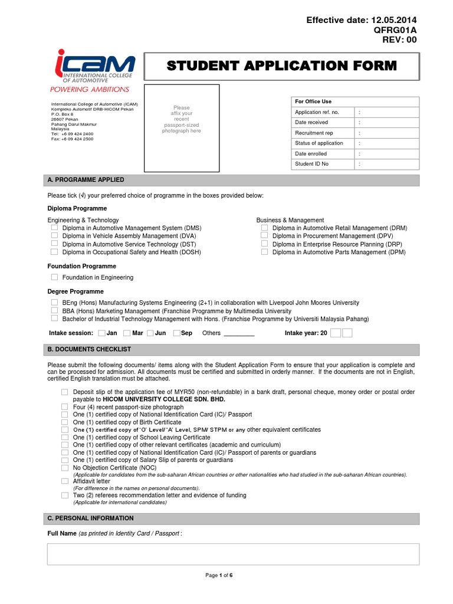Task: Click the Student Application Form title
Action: pyautogui.click(x=281, y=65)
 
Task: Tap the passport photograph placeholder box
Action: pyautogui.click(x=182, y=128)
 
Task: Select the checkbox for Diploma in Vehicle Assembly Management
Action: pyautogui.click(x=54, y=235)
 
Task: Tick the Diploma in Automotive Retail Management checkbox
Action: pyautogui.click(x=264, y=228)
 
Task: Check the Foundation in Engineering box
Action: pyautogui.click(x=54, y=277)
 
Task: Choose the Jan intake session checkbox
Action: pyautogui.click(x=102, y=333)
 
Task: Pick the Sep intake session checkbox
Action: pyautogui.click(x=176, y=333)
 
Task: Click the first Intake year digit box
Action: pyautogui.click(x=335, y=333)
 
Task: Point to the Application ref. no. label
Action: pyautogui.click(x=317, y=112)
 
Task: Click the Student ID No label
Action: pyautogui.click(x=312, y=164)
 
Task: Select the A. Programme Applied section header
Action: pyautogui.click(x=86, y=180)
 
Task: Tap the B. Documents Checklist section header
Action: pyautogui.click(x=89, y=350)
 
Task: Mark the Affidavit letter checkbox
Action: pyautogui.click(x=65, y=481)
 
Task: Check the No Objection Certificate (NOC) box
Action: pyautogui.click(x=65, y=467)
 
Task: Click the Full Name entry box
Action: pyautogui.click(x=233, y=554)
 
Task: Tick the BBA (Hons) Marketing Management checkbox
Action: pyautogui.click(x=54, y=310)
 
